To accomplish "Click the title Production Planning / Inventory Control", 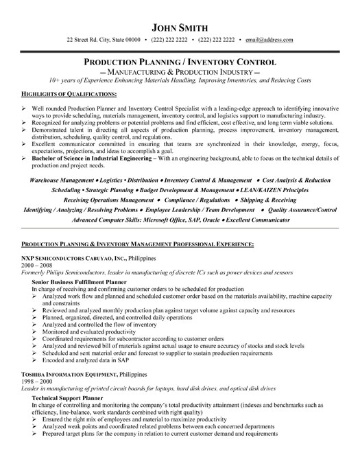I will pos(180,61).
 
